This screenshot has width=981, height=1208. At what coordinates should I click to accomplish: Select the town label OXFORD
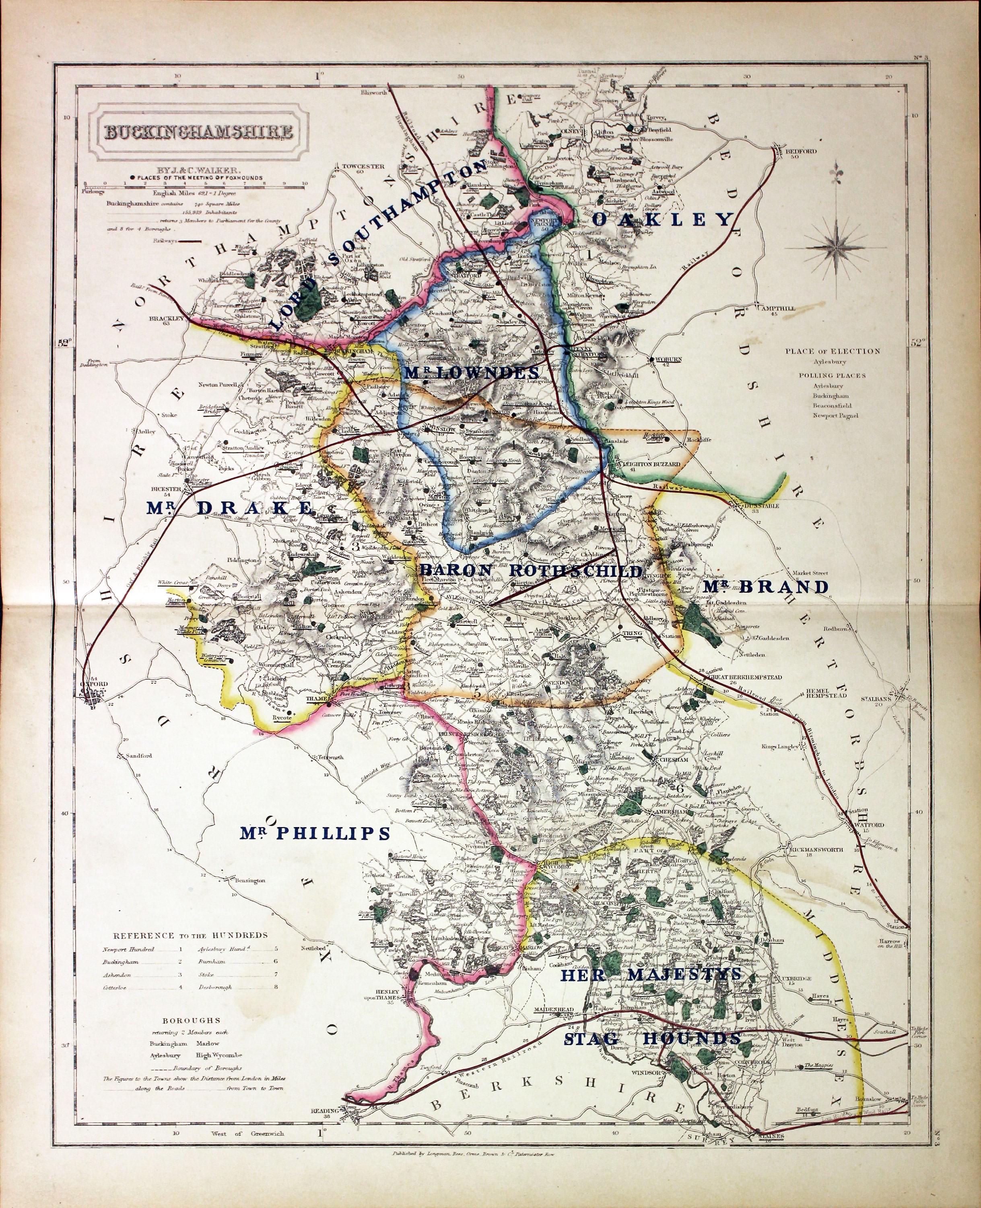click(95, 684)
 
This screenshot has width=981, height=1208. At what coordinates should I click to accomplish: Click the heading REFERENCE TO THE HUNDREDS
click(190, 935)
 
